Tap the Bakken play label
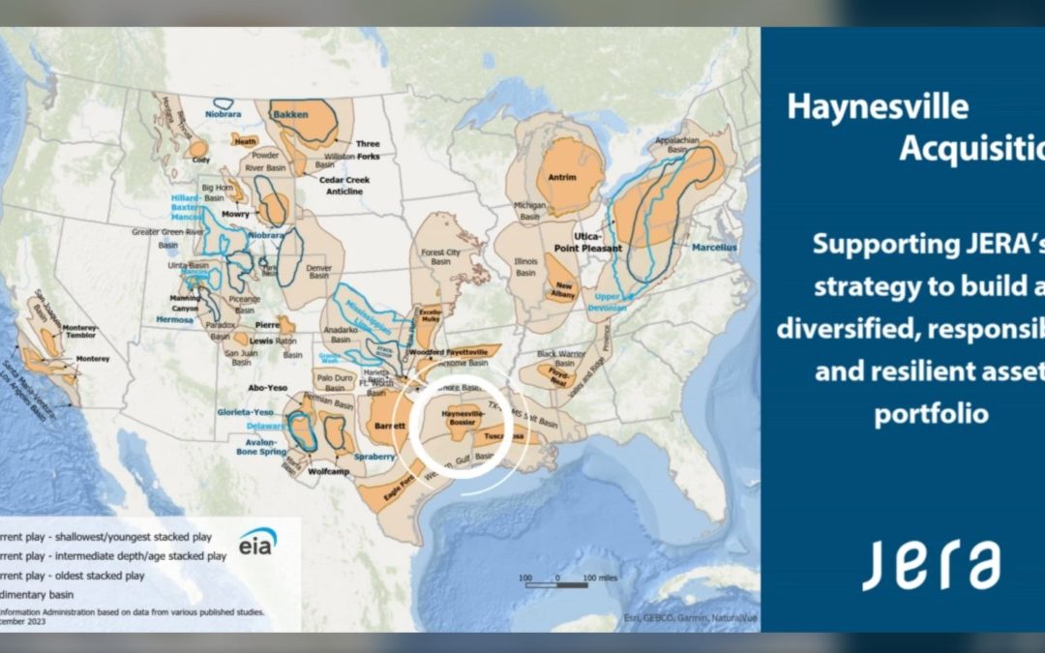pyautogui.click(x=290, y=114)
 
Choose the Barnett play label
pyautogui.click(x=388, y=422)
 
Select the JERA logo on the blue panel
pyautogui.click(x=931, y=565)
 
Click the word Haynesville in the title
pyautogui.click(x=877, y=105)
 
